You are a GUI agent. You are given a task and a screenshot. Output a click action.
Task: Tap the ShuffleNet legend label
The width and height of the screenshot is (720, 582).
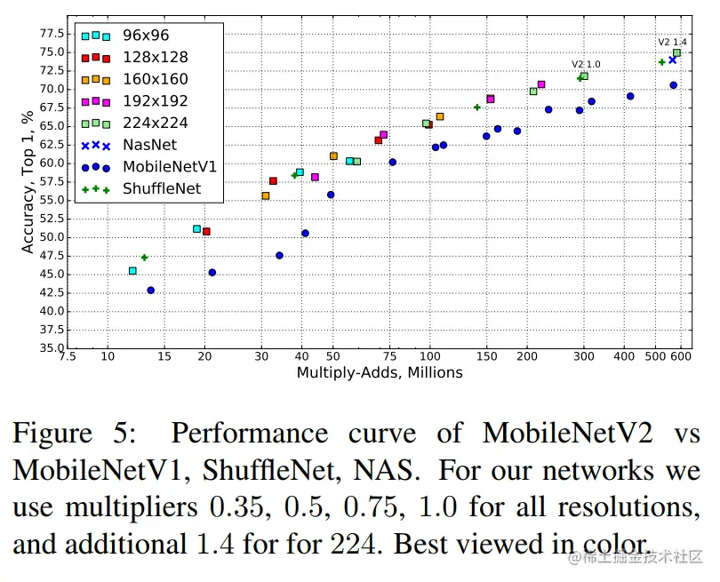pos(161,187)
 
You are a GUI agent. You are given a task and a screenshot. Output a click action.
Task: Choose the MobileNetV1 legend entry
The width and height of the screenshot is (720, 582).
pos(169,165)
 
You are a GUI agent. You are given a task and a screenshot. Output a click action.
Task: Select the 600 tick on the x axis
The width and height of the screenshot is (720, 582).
pos(681,357)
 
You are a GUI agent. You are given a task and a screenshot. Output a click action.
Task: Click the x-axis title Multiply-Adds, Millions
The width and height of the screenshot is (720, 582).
pos(380,373)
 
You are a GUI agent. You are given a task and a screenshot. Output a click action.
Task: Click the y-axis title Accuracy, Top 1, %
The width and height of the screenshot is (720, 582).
pos(28,181)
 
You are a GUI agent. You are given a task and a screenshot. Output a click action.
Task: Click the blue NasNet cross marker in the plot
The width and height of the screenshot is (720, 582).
pos(673,60)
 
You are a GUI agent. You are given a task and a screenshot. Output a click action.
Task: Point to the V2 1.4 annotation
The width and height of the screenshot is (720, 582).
pos(672,42)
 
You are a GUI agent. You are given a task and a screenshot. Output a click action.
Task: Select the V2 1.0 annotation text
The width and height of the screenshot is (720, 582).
pos(586,64)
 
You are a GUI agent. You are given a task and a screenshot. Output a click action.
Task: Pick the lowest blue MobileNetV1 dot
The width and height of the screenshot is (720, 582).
pos(150,291)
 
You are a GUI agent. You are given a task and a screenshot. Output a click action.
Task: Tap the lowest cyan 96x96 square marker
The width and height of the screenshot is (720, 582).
pos(132,271)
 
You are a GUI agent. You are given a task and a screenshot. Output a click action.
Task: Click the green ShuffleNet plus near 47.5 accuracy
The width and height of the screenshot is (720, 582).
pos(144,258)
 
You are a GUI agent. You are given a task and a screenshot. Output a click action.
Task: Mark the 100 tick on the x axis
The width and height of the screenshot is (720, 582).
pos(430,357)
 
